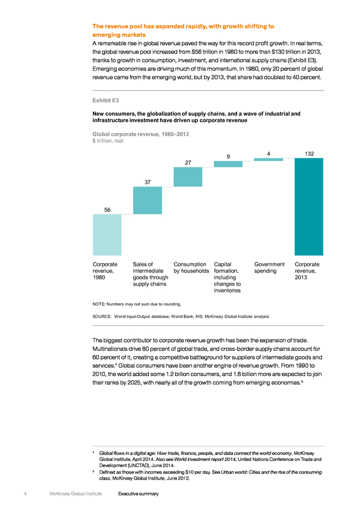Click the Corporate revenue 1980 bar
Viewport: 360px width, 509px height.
(x=107, y=235)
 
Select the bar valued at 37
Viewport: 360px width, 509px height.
(x=148, y=200)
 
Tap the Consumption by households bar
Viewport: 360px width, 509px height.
(x=188, y=177)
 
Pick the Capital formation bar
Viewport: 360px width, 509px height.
(x=228, y=164)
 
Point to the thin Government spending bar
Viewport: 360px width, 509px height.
(x=268, y=159)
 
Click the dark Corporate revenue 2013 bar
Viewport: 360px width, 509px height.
(x=308, y=207)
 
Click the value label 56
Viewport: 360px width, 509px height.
(x=107, y=210)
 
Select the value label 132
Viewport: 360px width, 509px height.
(x=309, y=154)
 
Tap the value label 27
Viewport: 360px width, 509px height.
(x=188, y=163)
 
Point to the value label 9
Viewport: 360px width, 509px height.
(x=229, y=157)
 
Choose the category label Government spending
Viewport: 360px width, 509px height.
(x=269, y=268)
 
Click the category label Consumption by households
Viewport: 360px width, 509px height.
(x=191, y=268)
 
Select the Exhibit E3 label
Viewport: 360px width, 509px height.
(x=106, y=101)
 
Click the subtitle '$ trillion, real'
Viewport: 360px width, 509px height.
(x=108, y=141)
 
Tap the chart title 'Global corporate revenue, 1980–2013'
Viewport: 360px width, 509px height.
(x=141, y=134)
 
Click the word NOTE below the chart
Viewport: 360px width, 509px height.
(x=98, y=304)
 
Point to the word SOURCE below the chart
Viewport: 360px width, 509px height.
(x=102, y=317)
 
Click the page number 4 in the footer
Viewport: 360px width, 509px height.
(x=25, y=494)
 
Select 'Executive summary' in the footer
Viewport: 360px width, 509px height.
(x=139, y=494)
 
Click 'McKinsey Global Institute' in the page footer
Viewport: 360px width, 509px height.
(x=76, y=494)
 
